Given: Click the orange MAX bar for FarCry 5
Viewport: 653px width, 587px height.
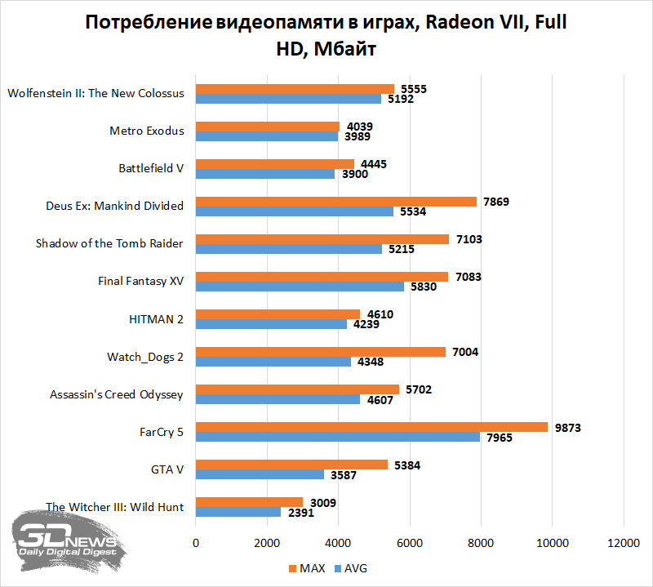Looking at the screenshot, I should tap(371, 427).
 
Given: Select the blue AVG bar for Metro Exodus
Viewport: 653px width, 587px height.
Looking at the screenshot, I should tap(267, 136).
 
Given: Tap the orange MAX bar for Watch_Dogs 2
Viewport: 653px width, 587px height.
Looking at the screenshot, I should tap(321, 352).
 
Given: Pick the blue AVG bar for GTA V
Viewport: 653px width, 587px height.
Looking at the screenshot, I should tap(260, 474).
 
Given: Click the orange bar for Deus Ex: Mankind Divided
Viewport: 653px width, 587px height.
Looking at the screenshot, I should tap(336, 202).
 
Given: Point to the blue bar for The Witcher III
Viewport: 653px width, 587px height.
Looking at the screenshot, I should tap(238, 512).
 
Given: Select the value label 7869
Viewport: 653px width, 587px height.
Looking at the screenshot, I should tap(495, 202).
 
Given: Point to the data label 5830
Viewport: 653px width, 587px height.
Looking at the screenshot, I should tap(422, 287).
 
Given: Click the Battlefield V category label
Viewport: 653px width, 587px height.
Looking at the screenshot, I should tap(151, 168).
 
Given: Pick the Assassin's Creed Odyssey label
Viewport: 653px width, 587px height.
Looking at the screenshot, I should tap(117, 394).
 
